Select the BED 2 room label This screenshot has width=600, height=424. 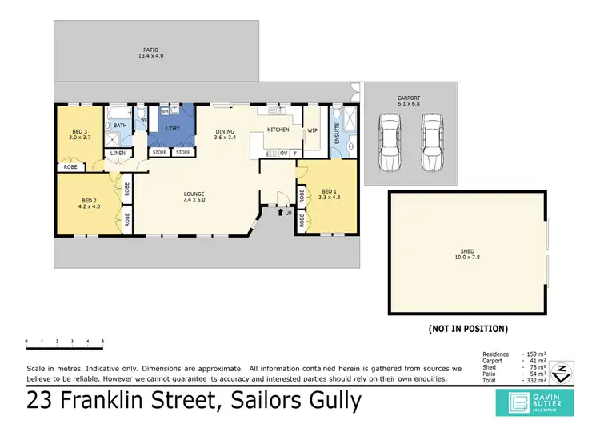(x=89, y=203)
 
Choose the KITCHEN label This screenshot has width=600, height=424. (x=278, y=129)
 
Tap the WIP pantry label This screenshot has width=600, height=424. (x=313, y=129)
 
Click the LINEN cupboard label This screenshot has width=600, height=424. (x=118, y=152)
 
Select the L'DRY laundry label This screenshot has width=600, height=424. (x=172, y=129)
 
